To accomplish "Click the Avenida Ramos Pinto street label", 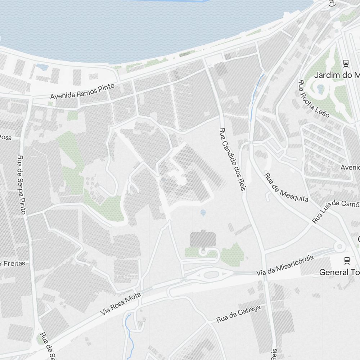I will coord(82,91).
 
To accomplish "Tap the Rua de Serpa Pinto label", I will coord(22,185).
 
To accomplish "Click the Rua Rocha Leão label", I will coord(314,98).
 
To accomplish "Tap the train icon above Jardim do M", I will coord(346,63).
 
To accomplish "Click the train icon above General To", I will coord(347,260).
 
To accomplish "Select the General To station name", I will coord(339,272).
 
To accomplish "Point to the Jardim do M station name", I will coord(337,75).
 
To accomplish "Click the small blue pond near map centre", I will coord(203,212).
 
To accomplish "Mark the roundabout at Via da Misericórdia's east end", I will coord(339,247).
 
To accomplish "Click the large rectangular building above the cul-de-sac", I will coord(203,239).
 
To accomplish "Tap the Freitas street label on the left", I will coord(13,264).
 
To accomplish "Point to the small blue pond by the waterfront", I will coord(42,67).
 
